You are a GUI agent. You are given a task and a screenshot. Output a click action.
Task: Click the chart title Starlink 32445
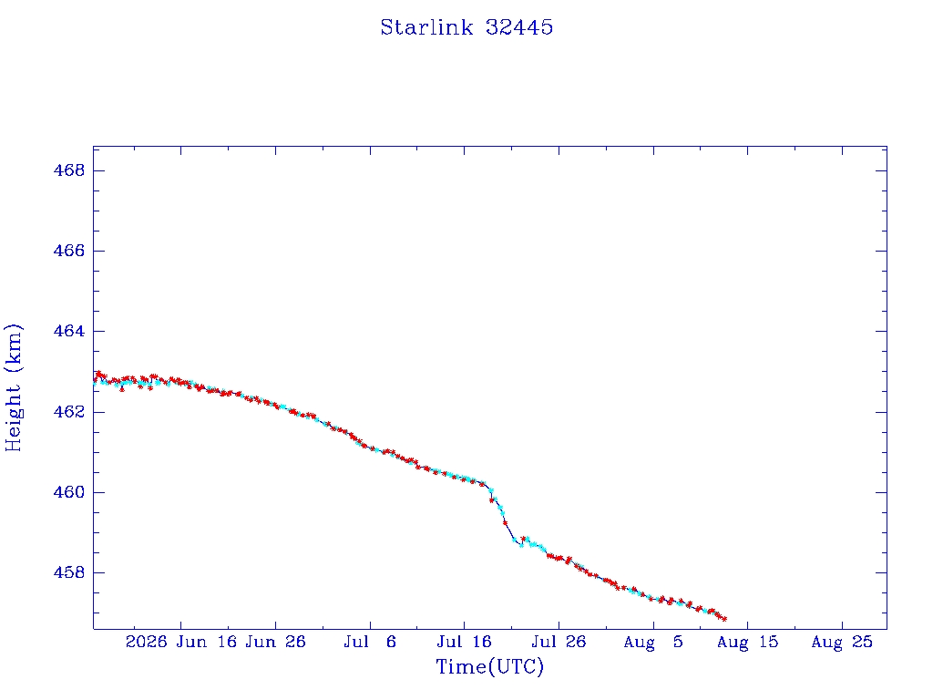click(466, 27)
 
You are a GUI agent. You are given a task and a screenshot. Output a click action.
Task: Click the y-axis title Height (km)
click(13, 387)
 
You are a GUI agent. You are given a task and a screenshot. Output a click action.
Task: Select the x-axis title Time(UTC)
click(489, 666)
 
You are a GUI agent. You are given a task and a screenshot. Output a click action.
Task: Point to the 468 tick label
click(69, 170)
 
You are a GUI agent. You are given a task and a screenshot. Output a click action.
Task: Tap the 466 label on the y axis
click(69, 251)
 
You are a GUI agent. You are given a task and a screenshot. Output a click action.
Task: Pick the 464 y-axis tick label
click(69, 331)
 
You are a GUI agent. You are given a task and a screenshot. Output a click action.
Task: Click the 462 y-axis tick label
click(69, 412)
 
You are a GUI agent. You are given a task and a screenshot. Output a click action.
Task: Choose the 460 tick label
click(69, 492)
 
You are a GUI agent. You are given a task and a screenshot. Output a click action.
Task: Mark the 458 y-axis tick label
click(69, 572)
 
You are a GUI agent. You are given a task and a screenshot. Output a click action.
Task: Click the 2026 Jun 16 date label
click(181, 642)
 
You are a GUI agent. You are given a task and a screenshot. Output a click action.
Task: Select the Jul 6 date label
click(370, 642)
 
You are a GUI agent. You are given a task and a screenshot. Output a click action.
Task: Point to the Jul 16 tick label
click(464, 642)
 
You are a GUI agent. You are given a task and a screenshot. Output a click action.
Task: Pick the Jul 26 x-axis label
click(559, 642)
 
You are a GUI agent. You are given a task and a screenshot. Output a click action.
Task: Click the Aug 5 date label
click(653, 642)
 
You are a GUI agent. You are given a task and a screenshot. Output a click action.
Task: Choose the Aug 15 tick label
click(748, 642)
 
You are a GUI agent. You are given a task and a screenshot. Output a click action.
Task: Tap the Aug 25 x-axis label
click(842, 642)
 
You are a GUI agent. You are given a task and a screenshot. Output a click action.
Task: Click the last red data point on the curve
click(724, 619)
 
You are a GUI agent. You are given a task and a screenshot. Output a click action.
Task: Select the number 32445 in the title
click(519, 27)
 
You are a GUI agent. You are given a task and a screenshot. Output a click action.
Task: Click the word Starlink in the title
click(426, 27)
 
